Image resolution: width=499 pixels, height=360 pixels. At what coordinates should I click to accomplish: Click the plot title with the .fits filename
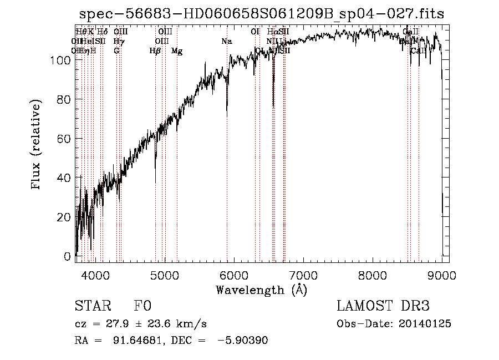[x=262, y=14]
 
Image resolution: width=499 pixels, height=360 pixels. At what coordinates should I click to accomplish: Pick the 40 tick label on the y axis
[x=65, y=178]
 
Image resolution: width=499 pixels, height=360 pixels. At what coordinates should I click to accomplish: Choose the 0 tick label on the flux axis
[x=68, y=256]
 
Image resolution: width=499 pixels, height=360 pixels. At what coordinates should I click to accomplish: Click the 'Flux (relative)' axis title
[x=37, y=145]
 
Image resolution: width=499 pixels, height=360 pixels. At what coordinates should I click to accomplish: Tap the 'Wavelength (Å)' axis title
[x=261, y=290]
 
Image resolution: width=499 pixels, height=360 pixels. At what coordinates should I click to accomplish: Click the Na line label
[x=226, y=41]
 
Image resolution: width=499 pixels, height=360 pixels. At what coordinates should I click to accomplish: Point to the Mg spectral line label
[x=177, y=51]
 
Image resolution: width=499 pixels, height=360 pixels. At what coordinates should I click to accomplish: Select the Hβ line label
[x=155, y=51]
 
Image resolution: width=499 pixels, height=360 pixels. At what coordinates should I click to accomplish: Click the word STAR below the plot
[x=92, y=306]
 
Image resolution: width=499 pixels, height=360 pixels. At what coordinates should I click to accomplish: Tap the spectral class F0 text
[x=142, y=306]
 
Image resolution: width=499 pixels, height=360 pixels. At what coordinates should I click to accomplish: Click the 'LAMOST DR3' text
[x=383, y=306]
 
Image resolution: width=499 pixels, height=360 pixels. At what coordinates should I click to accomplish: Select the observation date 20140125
[x=424, y=324]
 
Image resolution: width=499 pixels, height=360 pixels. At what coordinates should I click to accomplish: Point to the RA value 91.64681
[x=138, y=341]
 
